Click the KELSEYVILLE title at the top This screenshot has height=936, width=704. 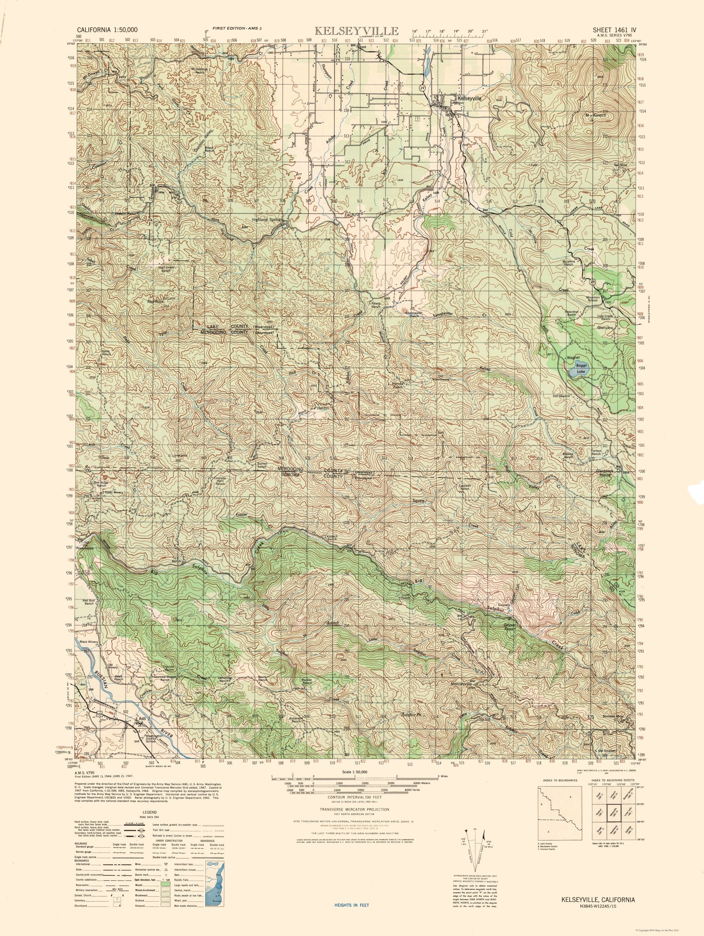click(356, 31)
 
